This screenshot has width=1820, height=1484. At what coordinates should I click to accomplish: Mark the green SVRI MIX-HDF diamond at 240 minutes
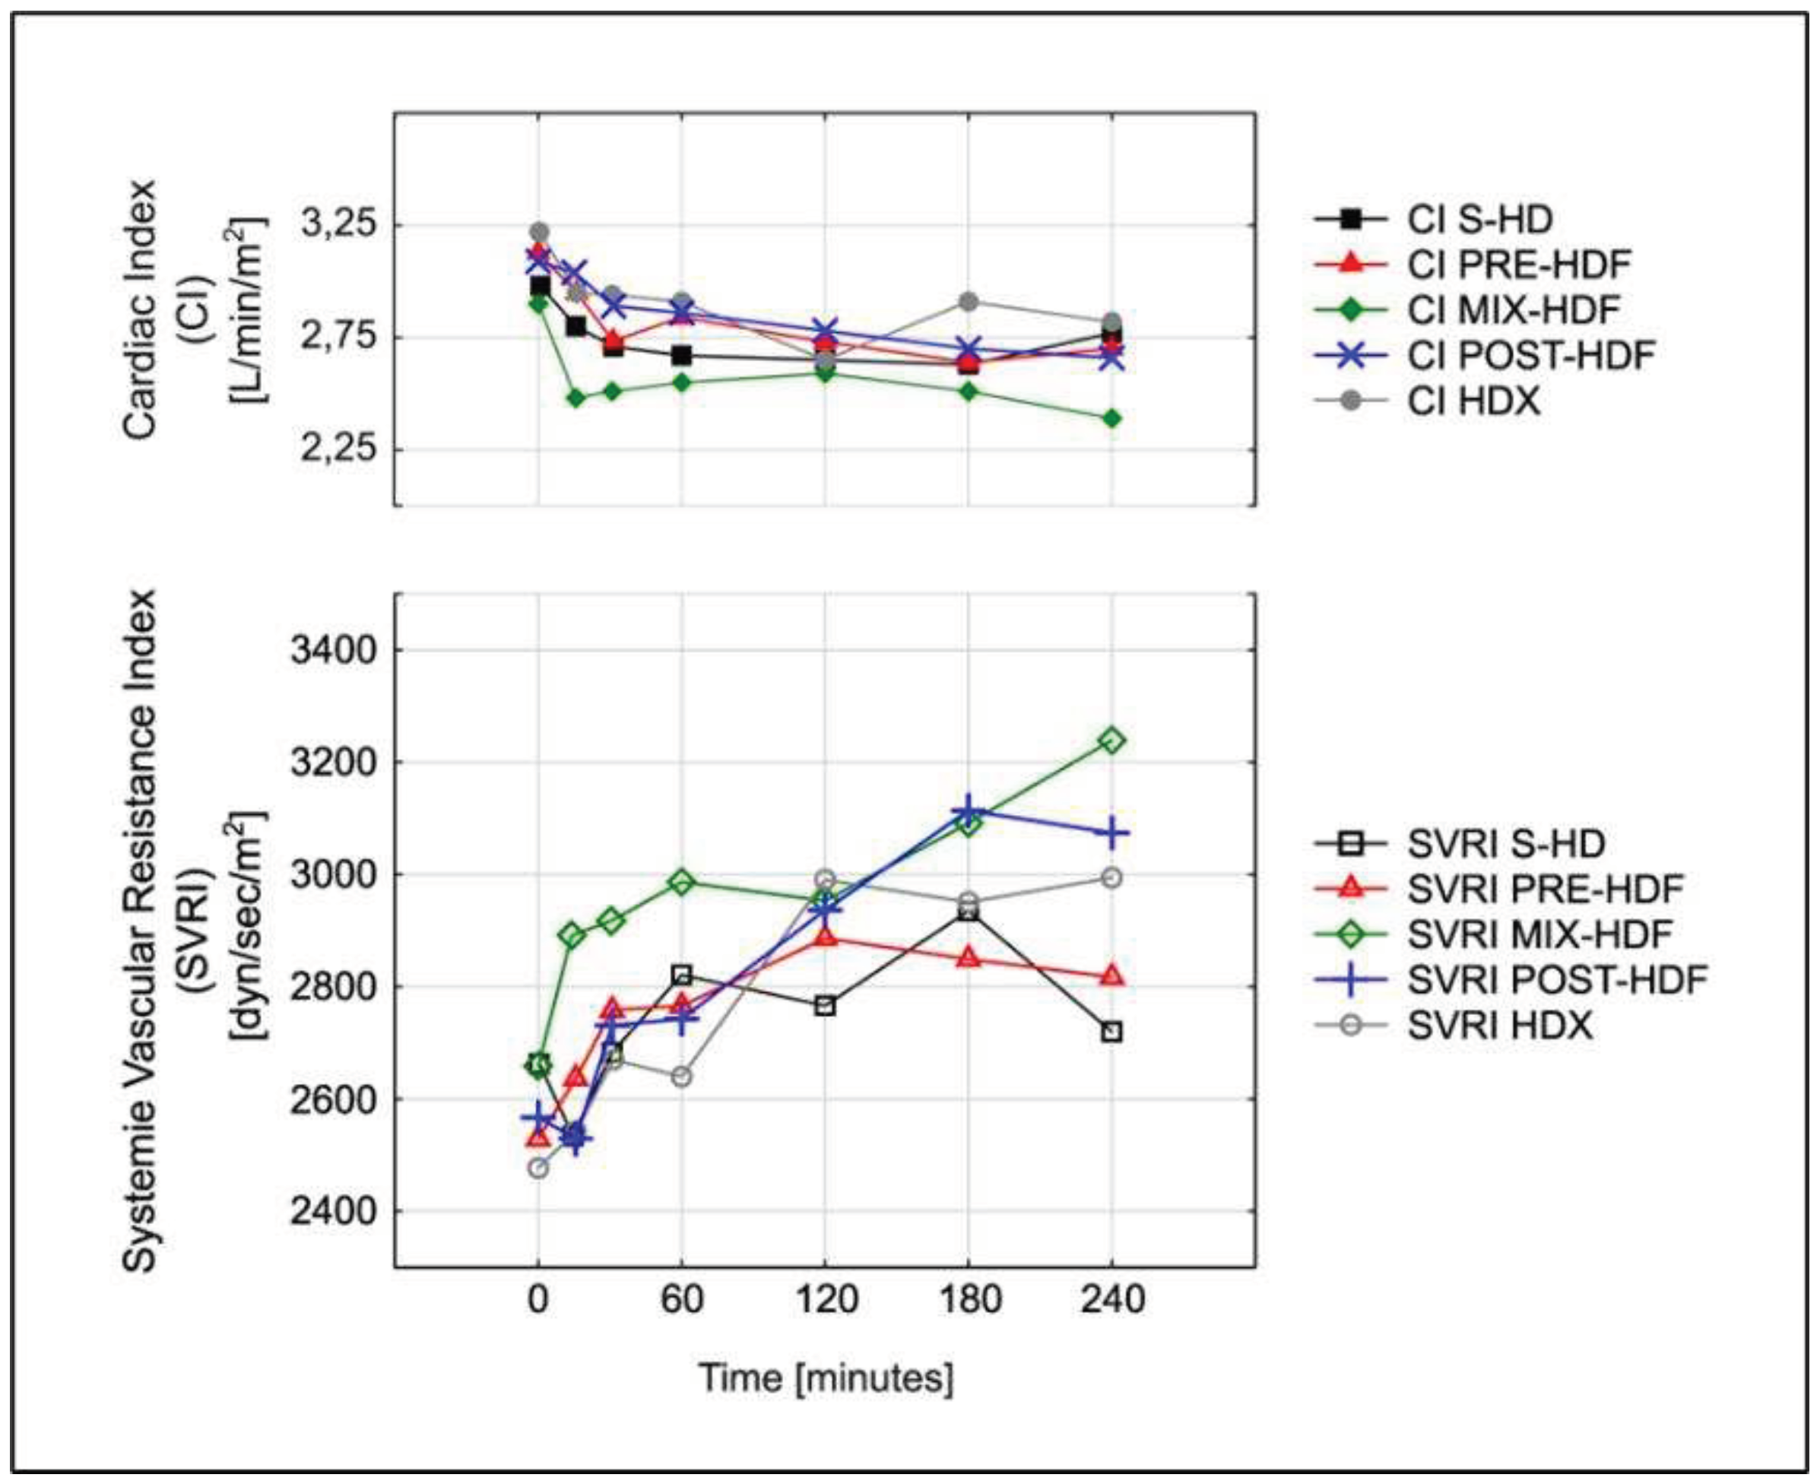tap(1111, 740)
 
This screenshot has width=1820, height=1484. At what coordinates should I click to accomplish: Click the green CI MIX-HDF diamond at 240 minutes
tap(1111, 418)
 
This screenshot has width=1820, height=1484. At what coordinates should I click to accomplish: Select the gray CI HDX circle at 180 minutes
tap(969, 301)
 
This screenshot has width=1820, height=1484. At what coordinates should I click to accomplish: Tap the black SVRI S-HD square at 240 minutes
tap(1111, 1032)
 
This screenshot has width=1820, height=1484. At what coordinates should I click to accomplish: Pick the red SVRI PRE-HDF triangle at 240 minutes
tap(1111, 975)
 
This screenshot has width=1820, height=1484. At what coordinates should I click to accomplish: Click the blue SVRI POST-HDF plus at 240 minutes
tap(1111, 832)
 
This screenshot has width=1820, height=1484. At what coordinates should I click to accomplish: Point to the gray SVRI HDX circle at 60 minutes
tap(681, 1077)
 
